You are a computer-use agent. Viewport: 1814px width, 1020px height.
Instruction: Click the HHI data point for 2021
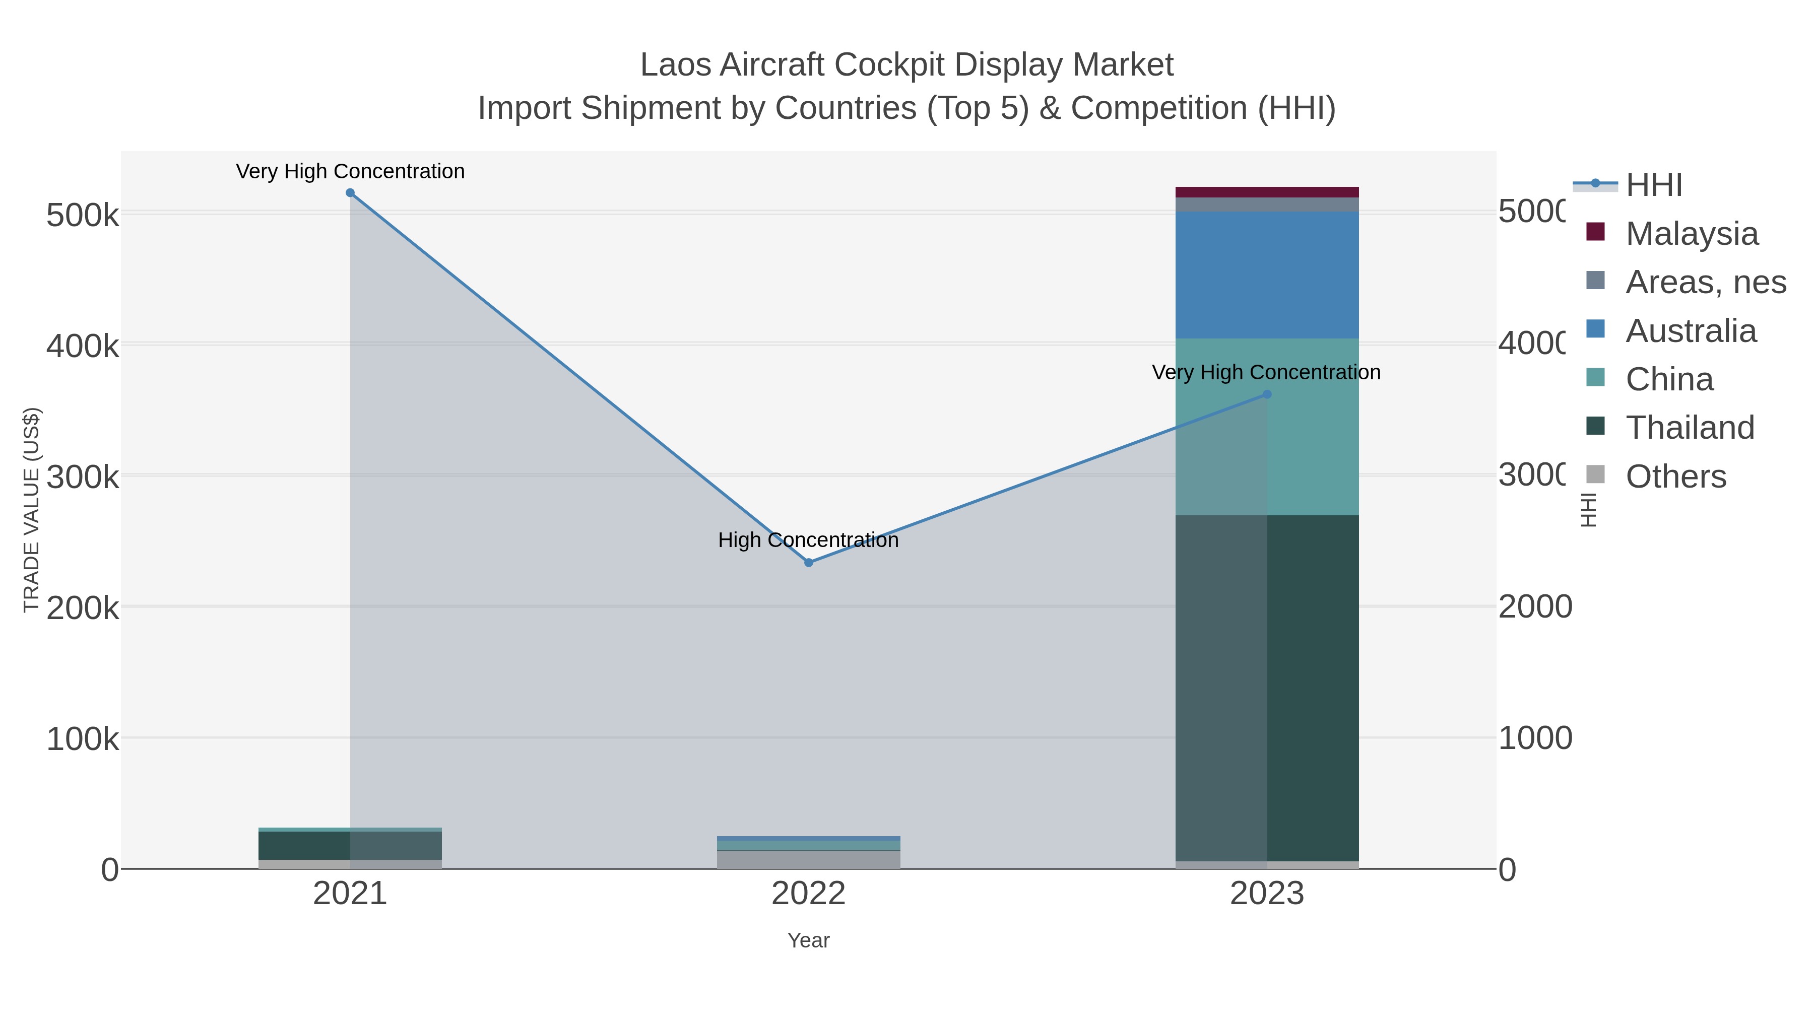click(350, 193)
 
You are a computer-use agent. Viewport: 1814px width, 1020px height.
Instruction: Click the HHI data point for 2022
click(808, 563)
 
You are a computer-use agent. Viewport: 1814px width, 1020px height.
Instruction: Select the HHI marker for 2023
click(1267, 394)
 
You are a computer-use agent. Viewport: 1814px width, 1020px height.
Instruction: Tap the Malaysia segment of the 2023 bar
click(1267, 192)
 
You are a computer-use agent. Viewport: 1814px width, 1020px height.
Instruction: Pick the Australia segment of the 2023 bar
click(1267, 275)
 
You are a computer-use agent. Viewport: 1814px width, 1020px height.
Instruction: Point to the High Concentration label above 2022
click(808, 540)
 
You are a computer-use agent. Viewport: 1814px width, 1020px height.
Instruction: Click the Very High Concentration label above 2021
click(350, 171)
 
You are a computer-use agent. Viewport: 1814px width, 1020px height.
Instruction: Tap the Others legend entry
click(1675, 476)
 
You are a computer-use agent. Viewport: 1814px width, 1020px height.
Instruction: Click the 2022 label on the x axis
click(808, 893)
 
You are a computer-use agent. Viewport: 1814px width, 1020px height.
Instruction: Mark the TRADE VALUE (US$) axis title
click(32, 510)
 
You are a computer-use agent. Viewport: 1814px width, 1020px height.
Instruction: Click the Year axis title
click(808, 940)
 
